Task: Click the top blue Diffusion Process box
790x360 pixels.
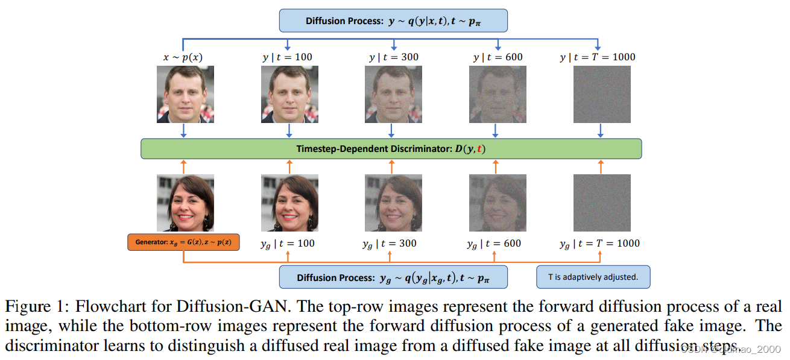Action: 393,21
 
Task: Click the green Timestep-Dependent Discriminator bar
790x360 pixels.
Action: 391,149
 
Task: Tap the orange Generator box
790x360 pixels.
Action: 183,242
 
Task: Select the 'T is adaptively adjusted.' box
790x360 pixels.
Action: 593,277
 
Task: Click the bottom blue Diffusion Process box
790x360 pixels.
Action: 393,277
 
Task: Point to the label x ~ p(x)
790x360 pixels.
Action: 183,57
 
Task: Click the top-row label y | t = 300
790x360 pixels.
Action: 394,57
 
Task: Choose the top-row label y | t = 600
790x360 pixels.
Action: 498,57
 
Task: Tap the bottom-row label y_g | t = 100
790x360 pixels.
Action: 288,244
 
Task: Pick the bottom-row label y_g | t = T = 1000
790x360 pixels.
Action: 599,244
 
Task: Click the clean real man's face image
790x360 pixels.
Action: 185,94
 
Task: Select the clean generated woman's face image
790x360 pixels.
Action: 185,203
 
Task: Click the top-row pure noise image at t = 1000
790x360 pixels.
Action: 602,94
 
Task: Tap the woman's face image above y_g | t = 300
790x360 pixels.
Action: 394,203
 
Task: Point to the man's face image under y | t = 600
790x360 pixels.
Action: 498,94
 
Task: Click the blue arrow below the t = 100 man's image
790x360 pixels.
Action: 289,131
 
